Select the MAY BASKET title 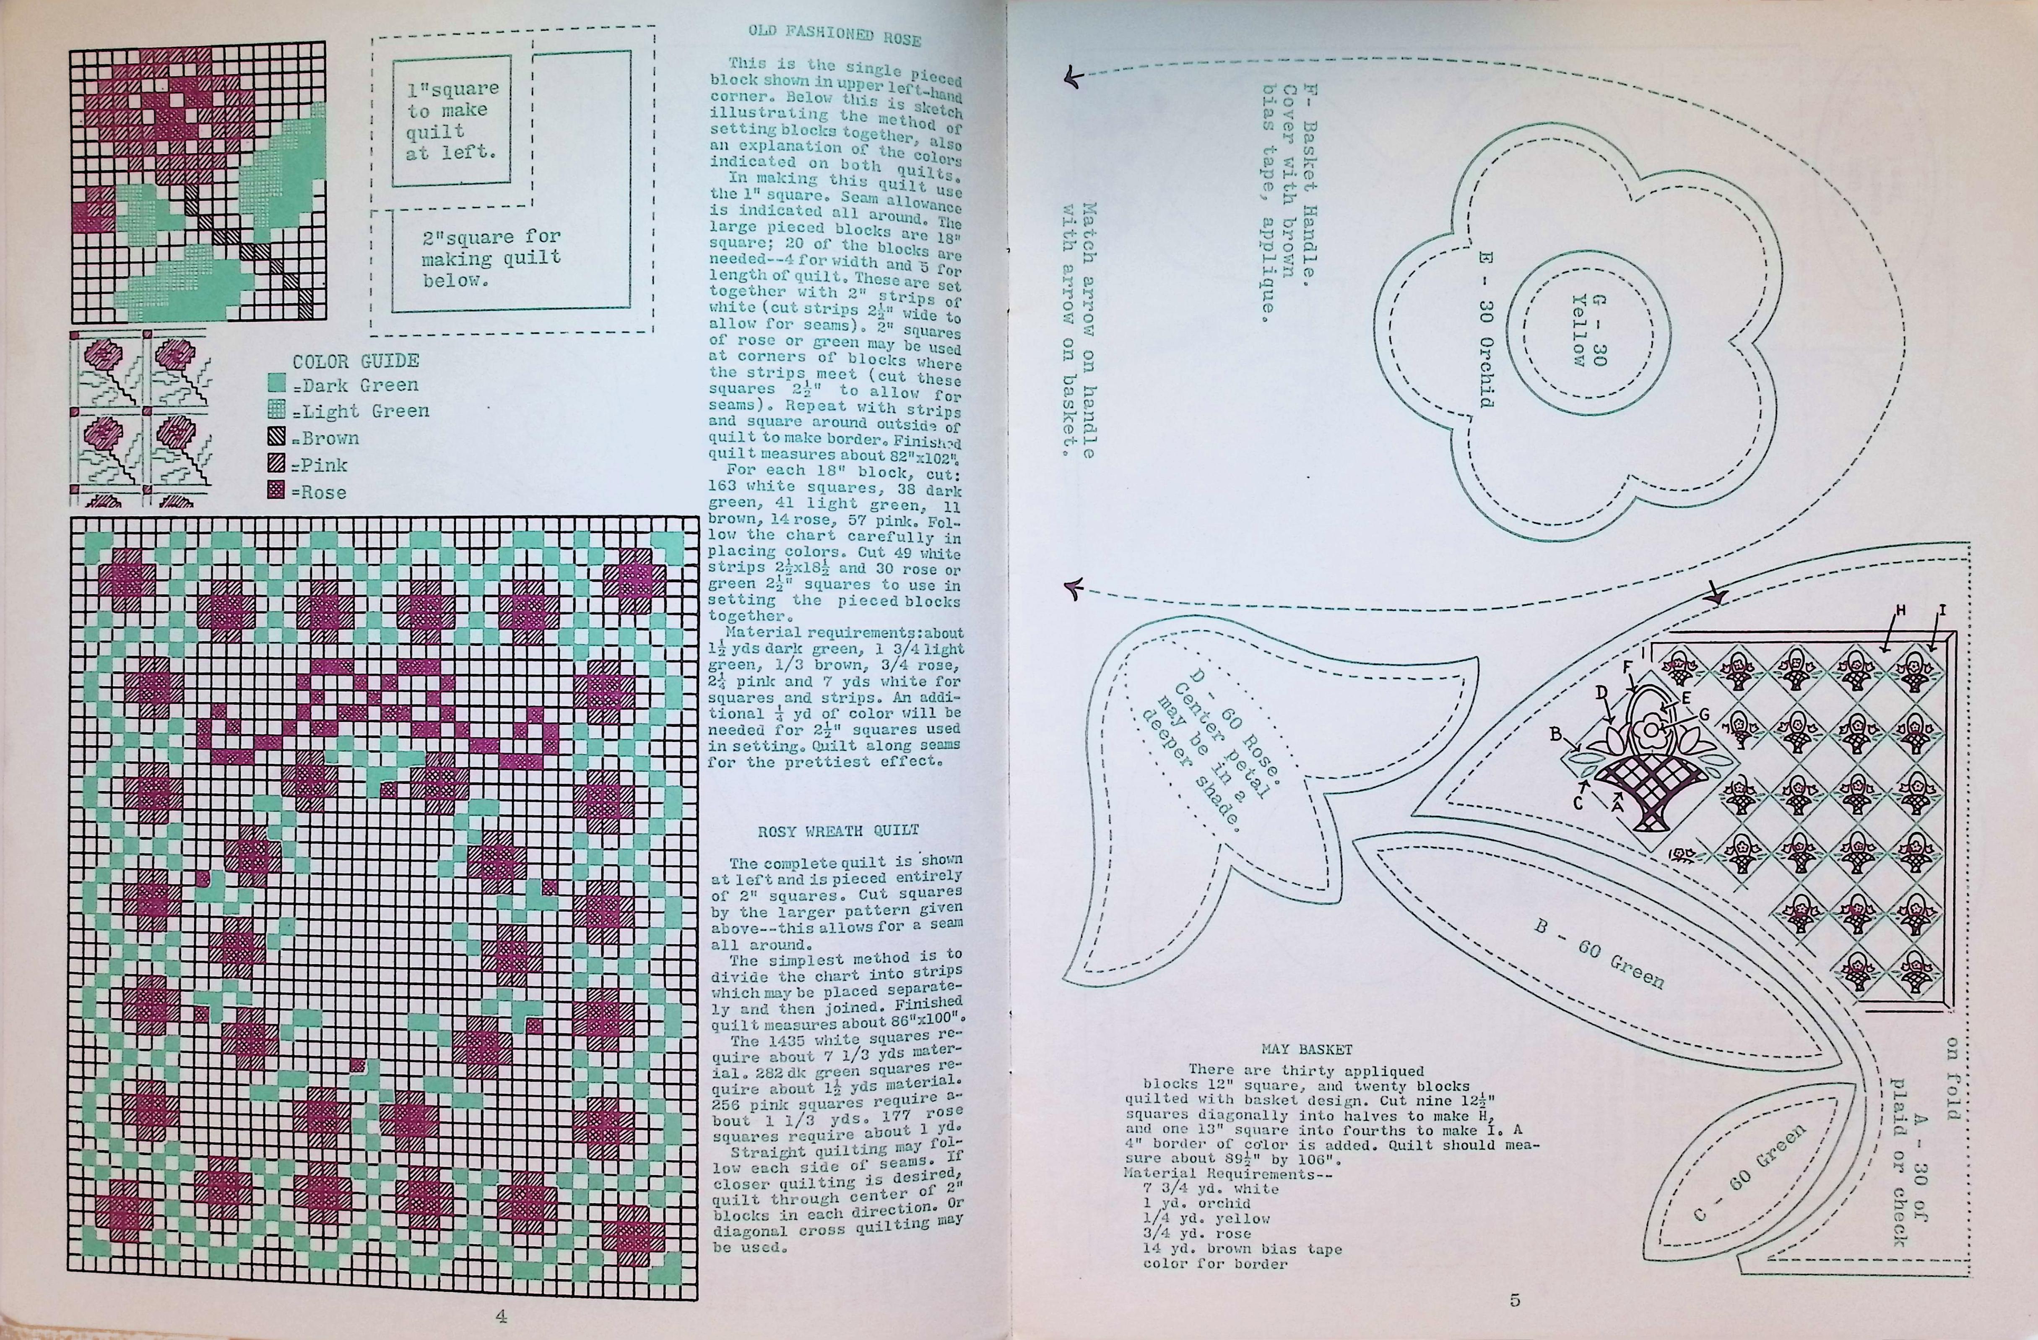point(1307,1049)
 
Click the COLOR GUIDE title point(355,362)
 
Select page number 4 point(501,1316)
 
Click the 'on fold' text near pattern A point(1952,1079)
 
